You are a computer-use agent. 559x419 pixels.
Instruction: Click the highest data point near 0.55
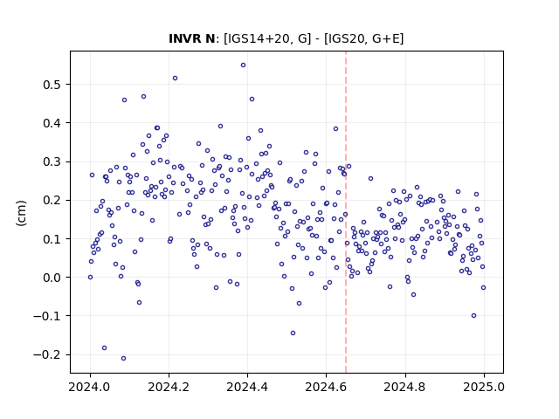(243, 65)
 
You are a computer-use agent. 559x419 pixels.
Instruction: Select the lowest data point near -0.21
(123, 359)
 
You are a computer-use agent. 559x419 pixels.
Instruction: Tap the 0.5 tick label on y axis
(52, 85)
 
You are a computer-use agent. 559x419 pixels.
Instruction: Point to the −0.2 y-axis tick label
(47, 355)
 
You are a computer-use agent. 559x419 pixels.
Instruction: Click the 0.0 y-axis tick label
(52, 278)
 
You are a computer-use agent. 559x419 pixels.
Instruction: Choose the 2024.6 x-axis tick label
(326, 387)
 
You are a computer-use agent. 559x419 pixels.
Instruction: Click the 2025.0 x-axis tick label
(484, 387)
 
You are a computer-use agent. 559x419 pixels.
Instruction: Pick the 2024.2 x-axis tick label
(169, 387)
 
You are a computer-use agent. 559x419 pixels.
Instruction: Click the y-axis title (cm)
(21, 213)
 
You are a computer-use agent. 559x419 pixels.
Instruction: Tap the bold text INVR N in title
(192, 38)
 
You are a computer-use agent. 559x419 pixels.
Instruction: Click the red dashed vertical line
(346, 212)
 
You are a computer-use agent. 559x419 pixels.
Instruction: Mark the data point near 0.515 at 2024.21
(175, 78)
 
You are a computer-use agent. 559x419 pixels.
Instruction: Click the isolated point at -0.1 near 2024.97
(473, 316)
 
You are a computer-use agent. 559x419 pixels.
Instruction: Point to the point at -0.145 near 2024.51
(293, 333)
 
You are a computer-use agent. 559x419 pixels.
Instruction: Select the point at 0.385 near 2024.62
(335, 129)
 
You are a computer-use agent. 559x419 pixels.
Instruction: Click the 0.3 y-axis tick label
(52, 161)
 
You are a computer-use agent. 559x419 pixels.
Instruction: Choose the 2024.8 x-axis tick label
(405, 387)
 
